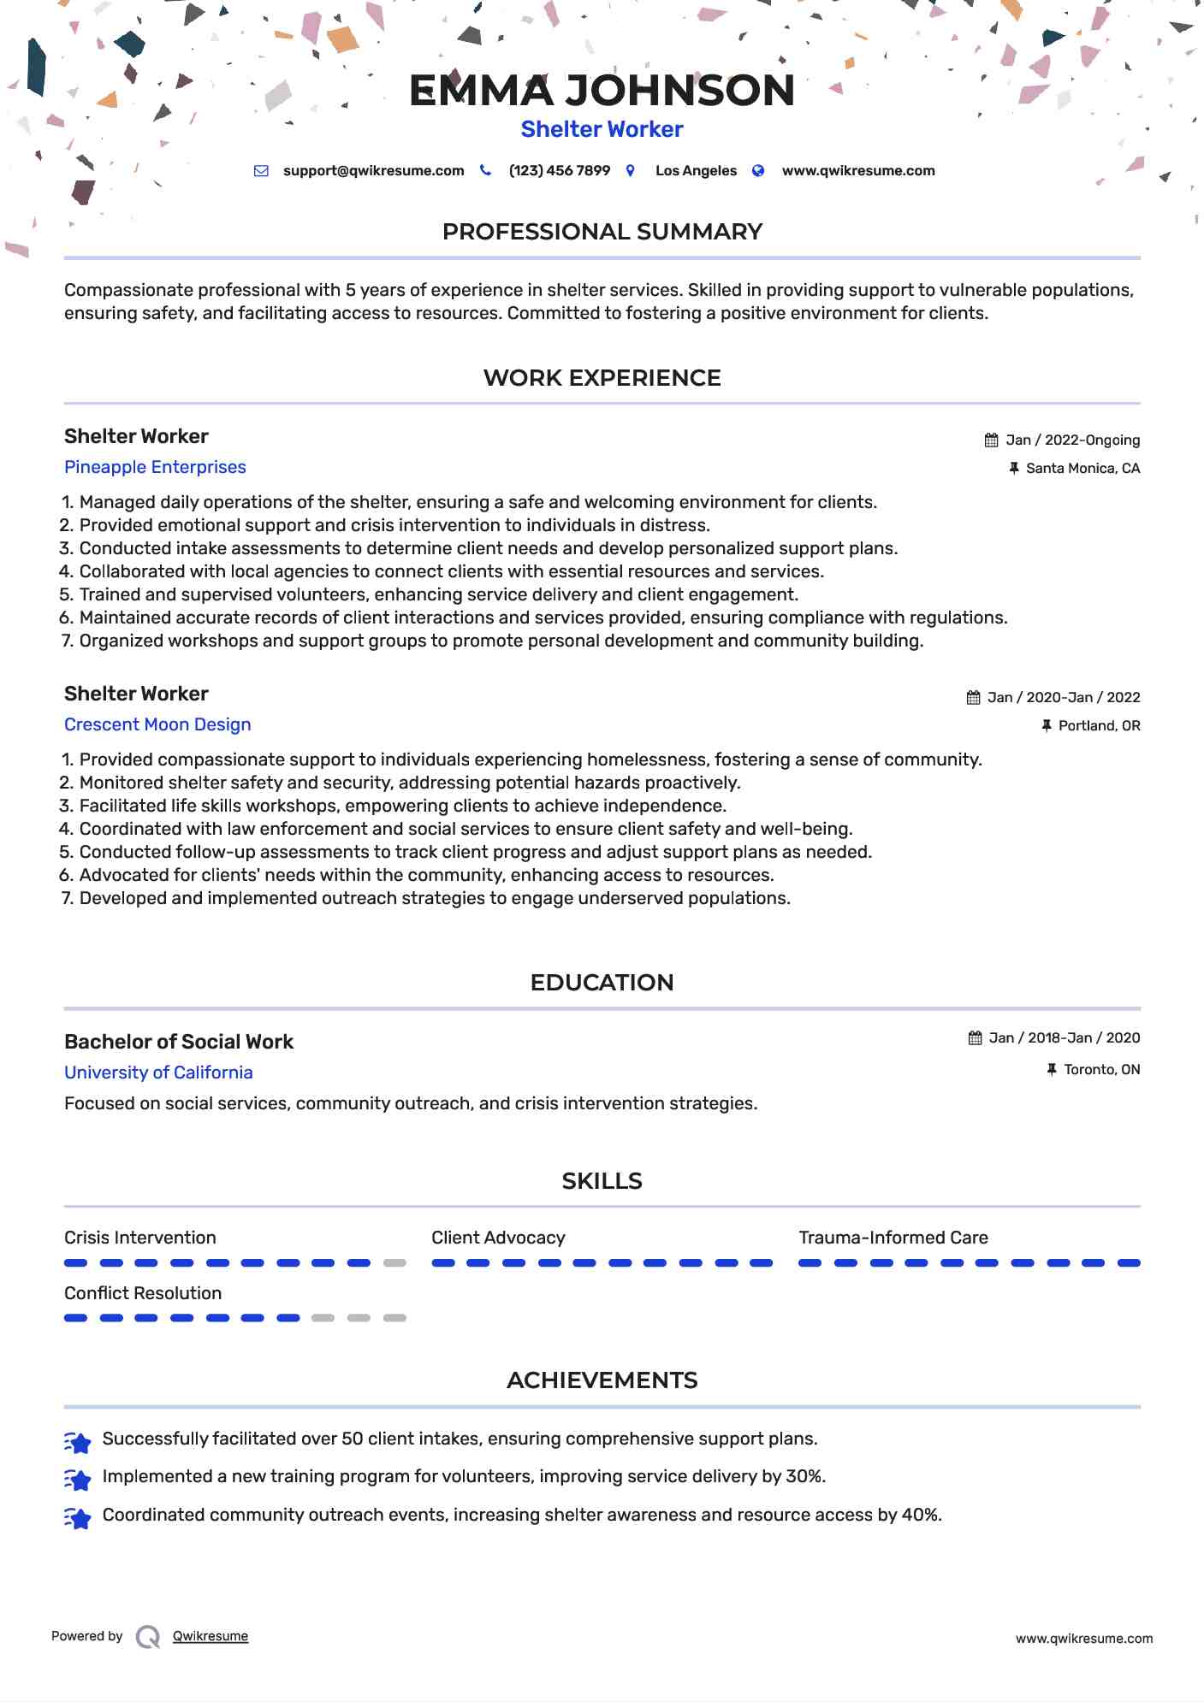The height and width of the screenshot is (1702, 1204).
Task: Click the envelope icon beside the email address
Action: pos(261,171)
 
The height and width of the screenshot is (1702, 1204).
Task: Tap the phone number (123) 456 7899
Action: pos(559,171)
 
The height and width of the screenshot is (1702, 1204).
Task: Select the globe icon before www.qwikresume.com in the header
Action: pos(757,171)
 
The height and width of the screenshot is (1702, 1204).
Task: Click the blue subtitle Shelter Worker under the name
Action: pos(602,129)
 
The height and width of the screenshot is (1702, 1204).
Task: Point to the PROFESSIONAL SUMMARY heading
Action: pos(602,232)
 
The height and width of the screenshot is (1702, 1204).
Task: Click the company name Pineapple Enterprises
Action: pos(155,467)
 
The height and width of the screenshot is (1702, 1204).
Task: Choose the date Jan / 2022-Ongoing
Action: pos(1072,440)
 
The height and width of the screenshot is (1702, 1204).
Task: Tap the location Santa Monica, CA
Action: pos(1082,469)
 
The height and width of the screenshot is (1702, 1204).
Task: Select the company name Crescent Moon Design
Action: pos(157,724)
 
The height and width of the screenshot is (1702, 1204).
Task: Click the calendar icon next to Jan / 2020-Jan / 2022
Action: pos(973,698)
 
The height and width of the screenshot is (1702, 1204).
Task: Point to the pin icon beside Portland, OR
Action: pos(1046,726)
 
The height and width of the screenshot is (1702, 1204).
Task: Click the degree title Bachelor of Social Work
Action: pos(179,1042)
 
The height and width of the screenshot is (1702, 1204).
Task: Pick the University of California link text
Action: pos(158,1073)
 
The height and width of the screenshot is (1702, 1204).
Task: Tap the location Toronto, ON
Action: pos(1101,1070)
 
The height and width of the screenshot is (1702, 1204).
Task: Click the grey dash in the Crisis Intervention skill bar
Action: pos(394,1263)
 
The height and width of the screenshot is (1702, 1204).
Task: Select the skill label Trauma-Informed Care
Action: pos(893,1238)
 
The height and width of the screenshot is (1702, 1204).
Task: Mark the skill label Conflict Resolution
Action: pos(143,1293)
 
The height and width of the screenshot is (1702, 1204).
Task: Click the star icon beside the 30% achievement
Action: pos(78,1479)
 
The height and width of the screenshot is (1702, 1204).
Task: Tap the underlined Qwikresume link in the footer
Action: pos(211,1636)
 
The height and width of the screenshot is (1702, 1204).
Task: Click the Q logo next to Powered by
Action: pos(148,1637)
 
